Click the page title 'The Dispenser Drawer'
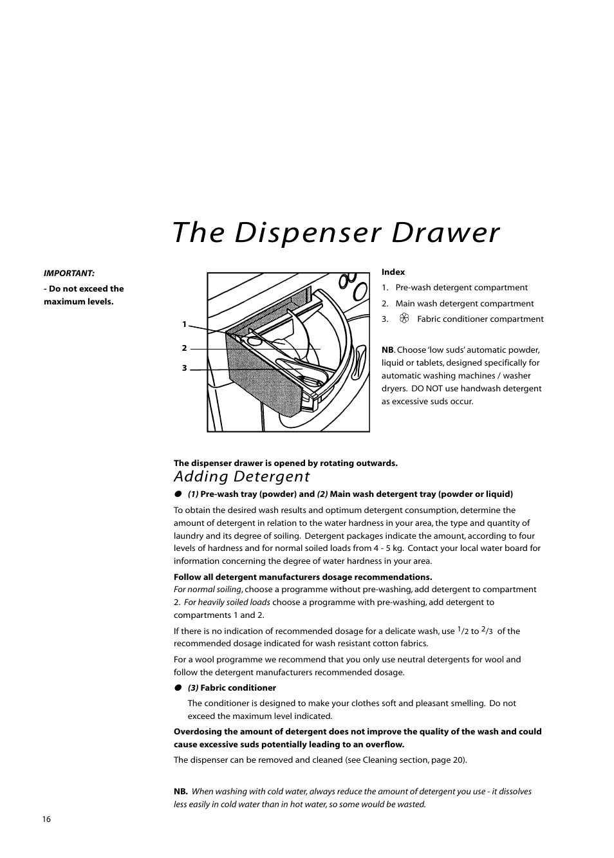tap(336, 233)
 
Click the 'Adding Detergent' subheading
tap(241, 477)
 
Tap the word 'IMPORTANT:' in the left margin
tap(69, 274)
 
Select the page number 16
tap(46, 819)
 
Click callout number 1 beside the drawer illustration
tap(184, 324)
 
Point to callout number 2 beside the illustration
tap(184, 348)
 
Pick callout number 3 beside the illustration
tap(184, 369)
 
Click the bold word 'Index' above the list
tap(393, 272)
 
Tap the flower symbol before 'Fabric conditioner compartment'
tap(404, 319)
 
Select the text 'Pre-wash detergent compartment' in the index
tap(461, 288)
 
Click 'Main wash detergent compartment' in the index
tap(465, 304)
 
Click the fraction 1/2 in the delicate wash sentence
tap(463, 631)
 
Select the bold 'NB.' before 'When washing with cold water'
tap(181, 792)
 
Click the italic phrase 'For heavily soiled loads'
tap(227, 602)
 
